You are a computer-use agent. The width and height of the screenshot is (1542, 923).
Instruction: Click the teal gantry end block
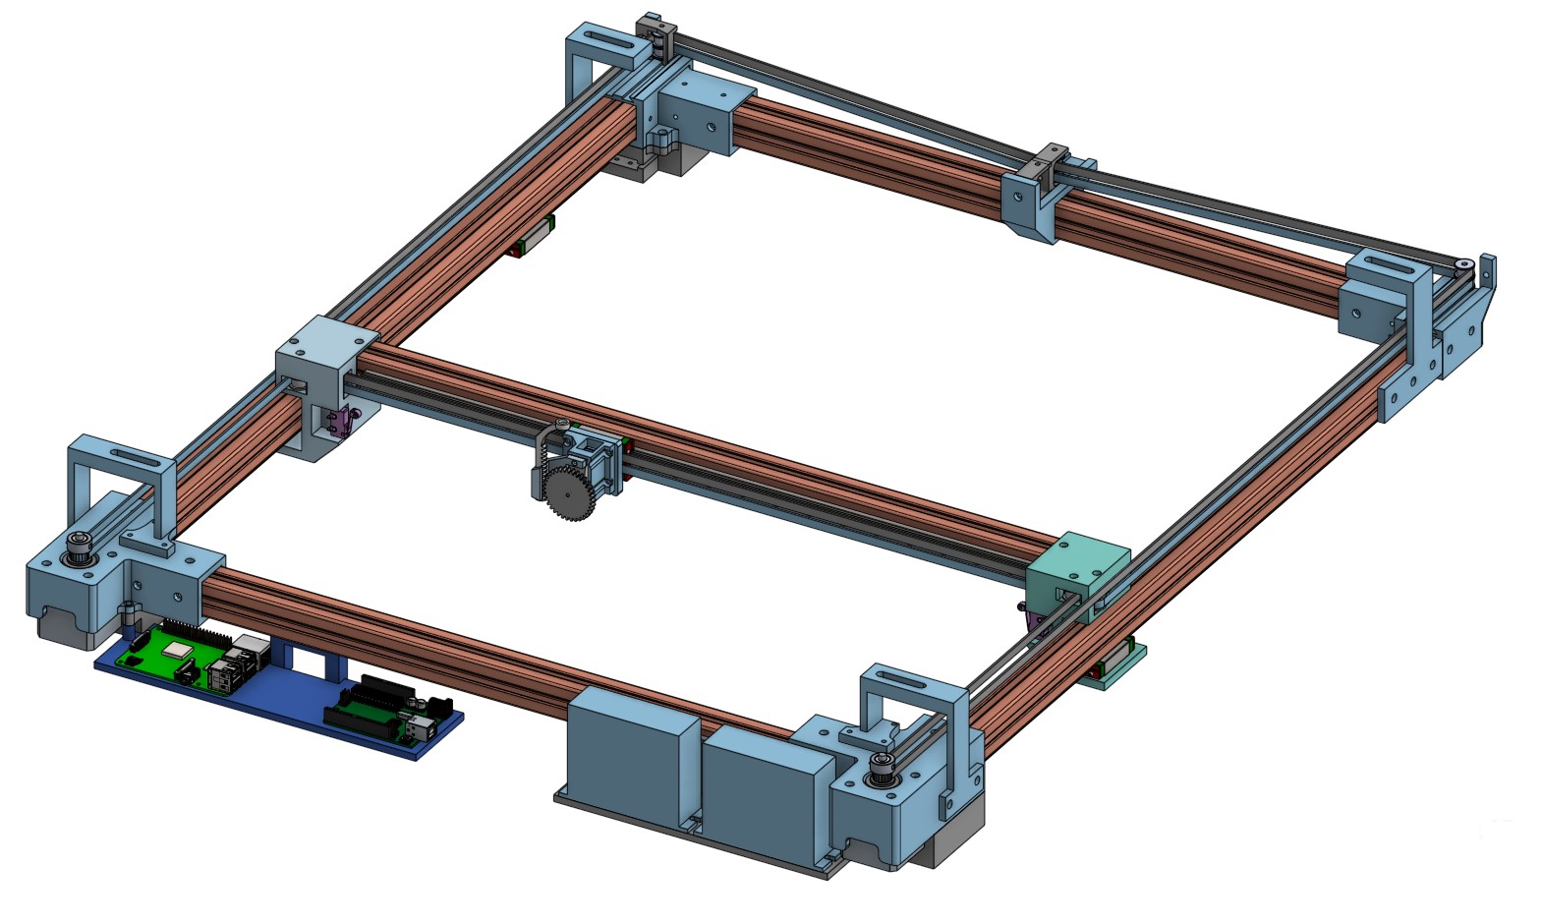pos(1079,568)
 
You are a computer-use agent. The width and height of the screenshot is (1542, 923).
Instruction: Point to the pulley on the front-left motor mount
pos(77,548)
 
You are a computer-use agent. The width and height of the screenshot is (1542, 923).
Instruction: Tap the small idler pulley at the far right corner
pos(1463,264)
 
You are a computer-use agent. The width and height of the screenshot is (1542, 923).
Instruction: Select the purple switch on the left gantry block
pos(338,423)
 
